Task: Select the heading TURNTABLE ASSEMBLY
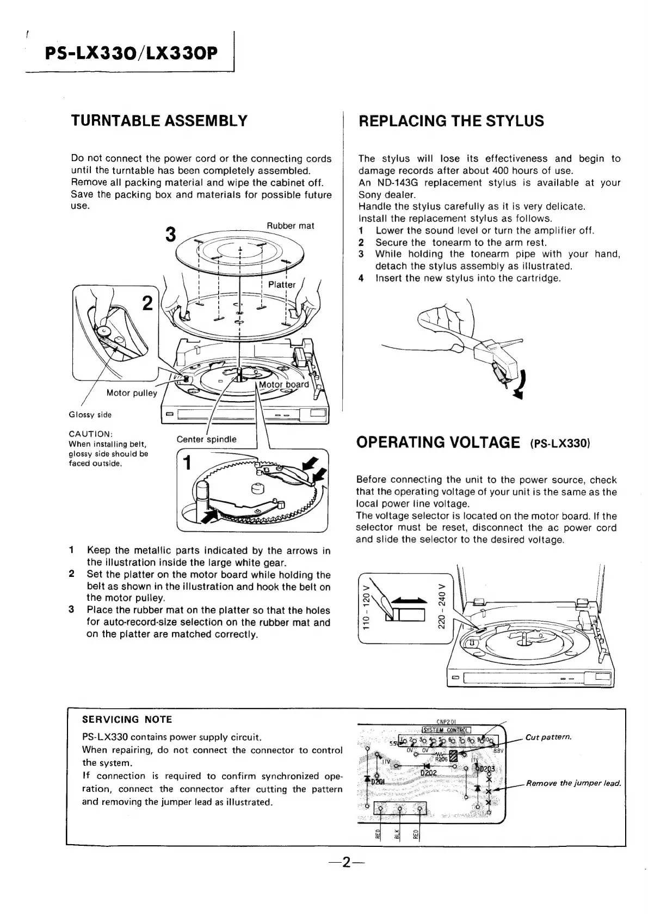(159, 120)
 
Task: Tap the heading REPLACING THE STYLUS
(451, 121)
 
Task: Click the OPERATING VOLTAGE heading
(437, 441)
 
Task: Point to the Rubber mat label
(290, 226)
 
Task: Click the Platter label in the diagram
(282, 285)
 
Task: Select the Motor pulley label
(132, 393)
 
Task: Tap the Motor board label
(283, 384)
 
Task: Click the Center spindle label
(207, 439)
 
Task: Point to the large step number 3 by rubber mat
(171, 234)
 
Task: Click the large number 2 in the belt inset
(147, 303)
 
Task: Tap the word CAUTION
(90, 434)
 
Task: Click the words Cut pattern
(548, 737)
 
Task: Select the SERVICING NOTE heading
(127, 720)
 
